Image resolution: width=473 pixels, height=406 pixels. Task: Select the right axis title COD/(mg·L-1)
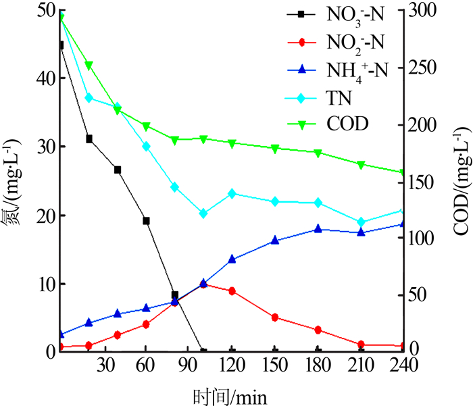coord(461,181)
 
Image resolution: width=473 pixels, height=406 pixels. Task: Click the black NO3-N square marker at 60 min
coord(146,221)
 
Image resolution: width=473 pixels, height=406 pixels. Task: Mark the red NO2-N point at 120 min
coord(232,291)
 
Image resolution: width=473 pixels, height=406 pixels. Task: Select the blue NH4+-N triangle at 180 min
coord(318,229)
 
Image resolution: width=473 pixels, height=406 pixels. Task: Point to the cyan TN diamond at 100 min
coord(203,213)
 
